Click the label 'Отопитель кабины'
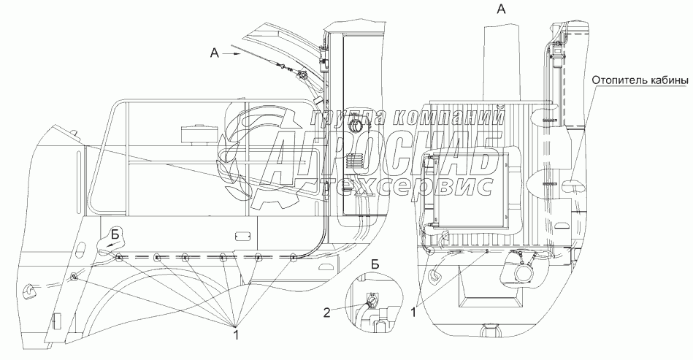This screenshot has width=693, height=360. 640,80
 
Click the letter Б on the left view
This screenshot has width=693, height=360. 115,234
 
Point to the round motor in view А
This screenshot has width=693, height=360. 524,271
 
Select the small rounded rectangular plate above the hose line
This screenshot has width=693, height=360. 242,237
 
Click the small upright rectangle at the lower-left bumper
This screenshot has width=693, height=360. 54,322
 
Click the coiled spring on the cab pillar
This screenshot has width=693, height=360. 355,161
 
